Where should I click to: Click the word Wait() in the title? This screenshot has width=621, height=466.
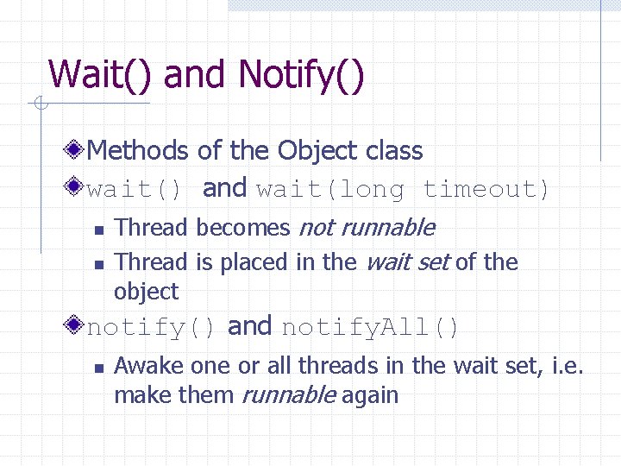point(101,75)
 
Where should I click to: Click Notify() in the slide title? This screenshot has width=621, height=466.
point(301,75)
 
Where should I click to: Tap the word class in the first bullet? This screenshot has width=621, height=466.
point(394,151)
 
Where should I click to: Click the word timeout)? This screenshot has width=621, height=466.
point(486,189)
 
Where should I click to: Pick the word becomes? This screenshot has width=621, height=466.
point(243,228)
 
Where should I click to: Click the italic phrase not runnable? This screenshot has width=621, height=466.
point(367,228)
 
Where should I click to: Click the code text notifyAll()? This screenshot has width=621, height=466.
point(371,328)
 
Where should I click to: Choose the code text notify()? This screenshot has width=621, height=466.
point(151,328)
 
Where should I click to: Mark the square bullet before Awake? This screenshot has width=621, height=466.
point(98,368)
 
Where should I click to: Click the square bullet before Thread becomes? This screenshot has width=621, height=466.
point(98,230)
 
